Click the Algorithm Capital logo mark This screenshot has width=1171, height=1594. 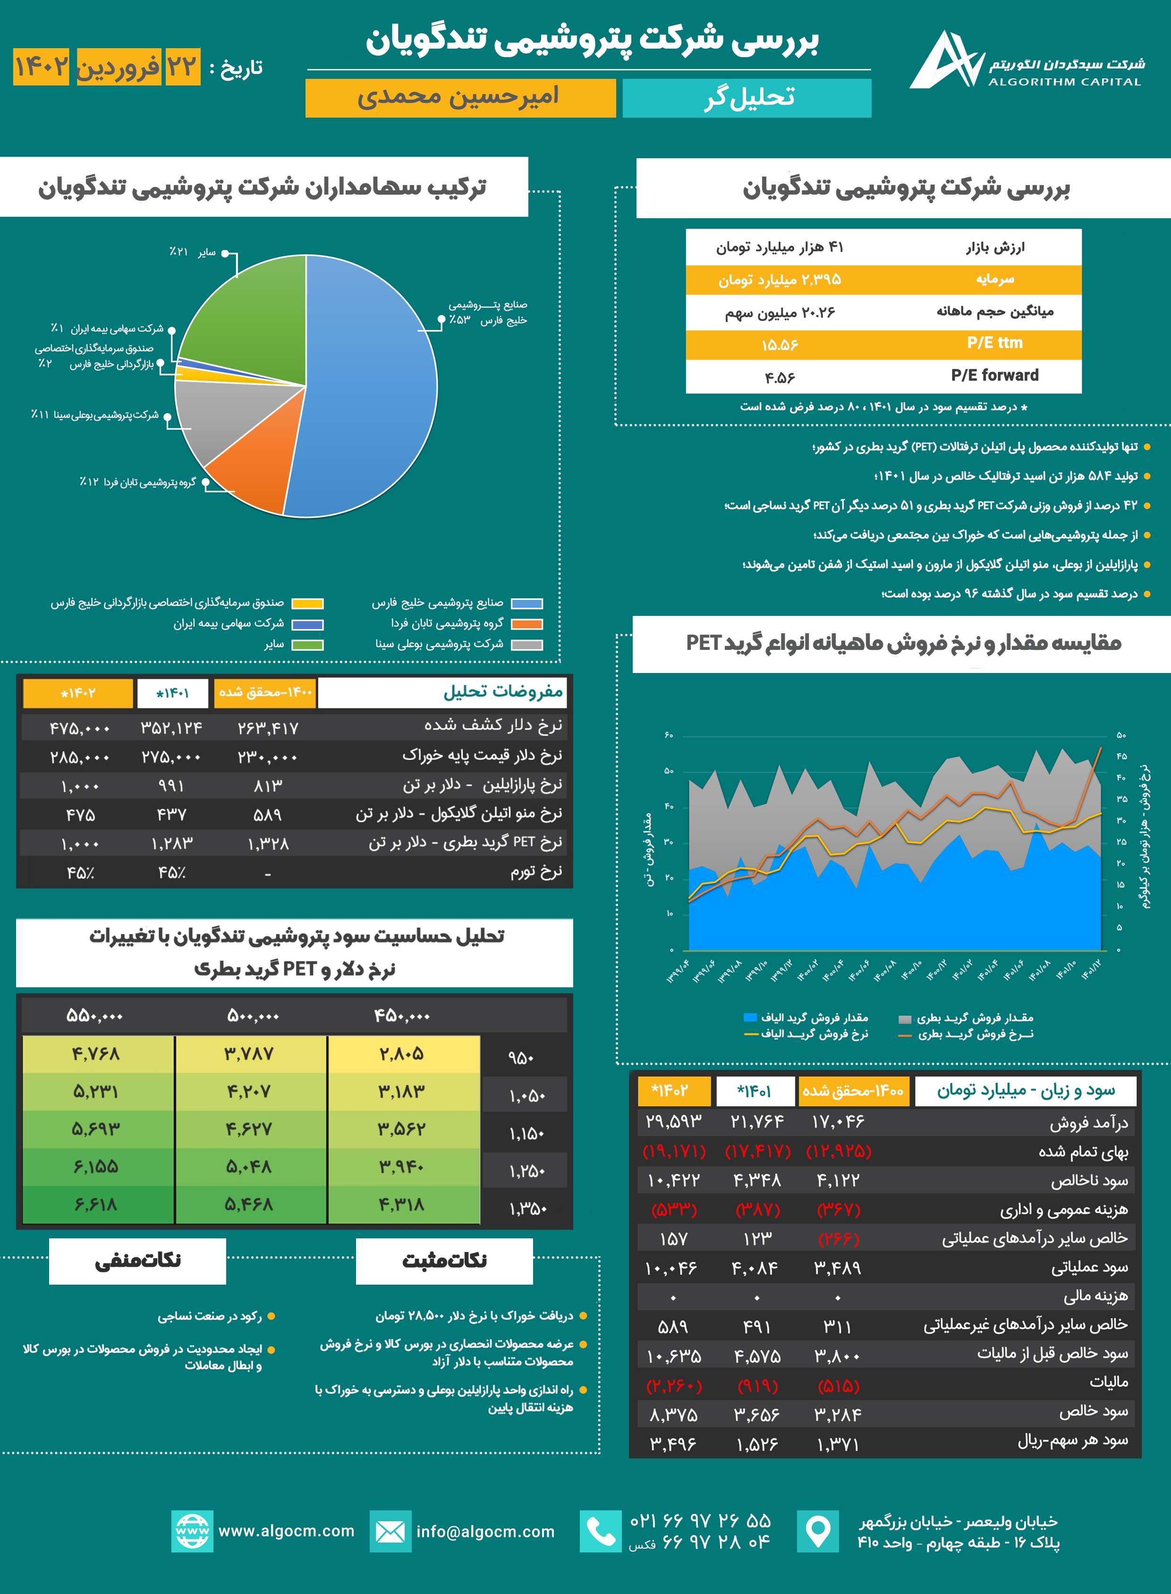[946, 61]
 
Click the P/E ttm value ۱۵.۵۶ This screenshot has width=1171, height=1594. [780, 345]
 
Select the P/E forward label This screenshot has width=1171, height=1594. [994, 376]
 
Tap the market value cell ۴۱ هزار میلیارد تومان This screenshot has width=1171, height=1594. [780, 247]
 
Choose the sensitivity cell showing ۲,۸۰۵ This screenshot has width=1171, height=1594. [402, 1054]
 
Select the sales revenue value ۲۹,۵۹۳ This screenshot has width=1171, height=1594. [673, 1122]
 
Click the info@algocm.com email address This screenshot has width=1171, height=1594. [485, 1532]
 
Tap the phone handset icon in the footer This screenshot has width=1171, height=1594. [601, 1532]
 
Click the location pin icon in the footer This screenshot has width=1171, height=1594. [818, 1532]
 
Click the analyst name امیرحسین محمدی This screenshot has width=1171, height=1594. [459, 97]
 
